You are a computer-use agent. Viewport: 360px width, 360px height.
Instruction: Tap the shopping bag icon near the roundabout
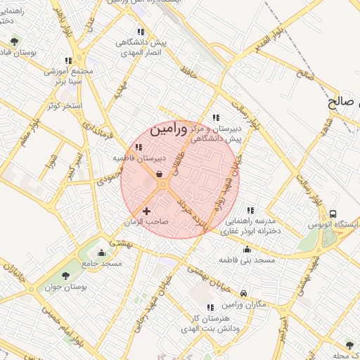[160, 173]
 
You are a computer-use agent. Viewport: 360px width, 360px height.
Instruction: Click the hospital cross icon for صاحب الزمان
[146, 211]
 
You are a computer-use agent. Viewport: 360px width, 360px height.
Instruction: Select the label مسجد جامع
[102, 263]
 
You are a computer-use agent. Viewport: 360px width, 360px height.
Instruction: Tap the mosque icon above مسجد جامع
[102, 253]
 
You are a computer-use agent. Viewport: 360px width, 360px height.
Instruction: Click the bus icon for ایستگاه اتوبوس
[333, 214]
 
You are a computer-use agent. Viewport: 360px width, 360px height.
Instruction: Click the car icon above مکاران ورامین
[243, 294]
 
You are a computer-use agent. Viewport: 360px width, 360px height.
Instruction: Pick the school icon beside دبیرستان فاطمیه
[139, 148]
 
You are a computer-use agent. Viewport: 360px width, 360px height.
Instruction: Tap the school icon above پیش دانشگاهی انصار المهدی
[141, 32]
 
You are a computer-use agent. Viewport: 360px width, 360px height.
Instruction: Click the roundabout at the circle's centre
[162, 185]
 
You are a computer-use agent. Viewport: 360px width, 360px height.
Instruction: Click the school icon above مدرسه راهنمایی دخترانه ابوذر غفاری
[250, 210]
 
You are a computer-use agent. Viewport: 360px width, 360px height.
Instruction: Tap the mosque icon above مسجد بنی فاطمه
[246, 249]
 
